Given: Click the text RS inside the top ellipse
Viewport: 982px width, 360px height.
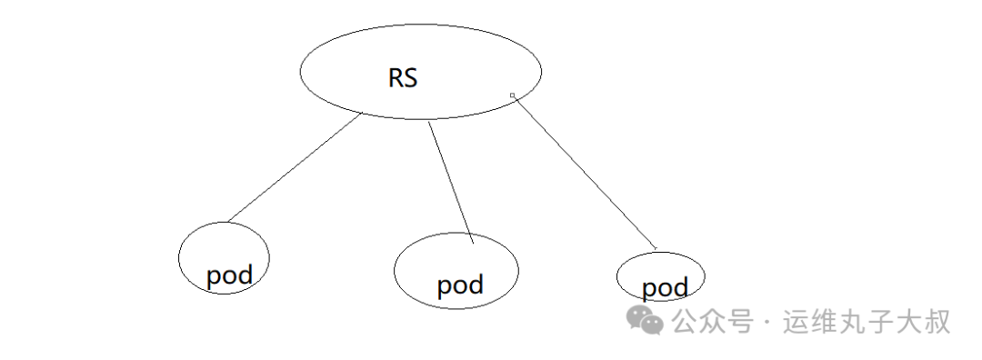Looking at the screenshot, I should click(x=403, y=78).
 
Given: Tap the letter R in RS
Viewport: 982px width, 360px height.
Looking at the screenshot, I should click(x=396, y=78).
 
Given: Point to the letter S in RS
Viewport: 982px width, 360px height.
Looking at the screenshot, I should click(x=411, y=78).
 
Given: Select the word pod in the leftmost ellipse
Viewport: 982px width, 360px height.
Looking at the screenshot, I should click(x=228, y=275).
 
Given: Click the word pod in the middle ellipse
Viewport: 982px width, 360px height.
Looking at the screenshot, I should click(x=460, y=285).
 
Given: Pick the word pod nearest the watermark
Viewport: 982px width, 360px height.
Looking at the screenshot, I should click(x=665, y=288).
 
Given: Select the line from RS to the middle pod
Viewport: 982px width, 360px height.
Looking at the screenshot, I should click(x=451, y=182).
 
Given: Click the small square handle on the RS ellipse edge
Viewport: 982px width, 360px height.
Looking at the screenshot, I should click(x=513, y=95).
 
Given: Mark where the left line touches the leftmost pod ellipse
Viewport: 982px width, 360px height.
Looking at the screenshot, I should click(x=227, y=221).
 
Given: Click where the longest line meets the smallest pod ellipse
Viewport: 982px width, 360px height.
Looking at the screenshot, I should click(x=655, y=249).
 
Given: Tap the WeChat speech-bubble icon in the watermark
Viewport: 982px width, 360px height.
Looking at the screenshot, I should click(x=648, y=321).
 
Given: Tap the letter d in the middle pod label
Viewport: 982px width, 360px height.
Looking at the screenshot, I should click(x=475, y=284).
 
